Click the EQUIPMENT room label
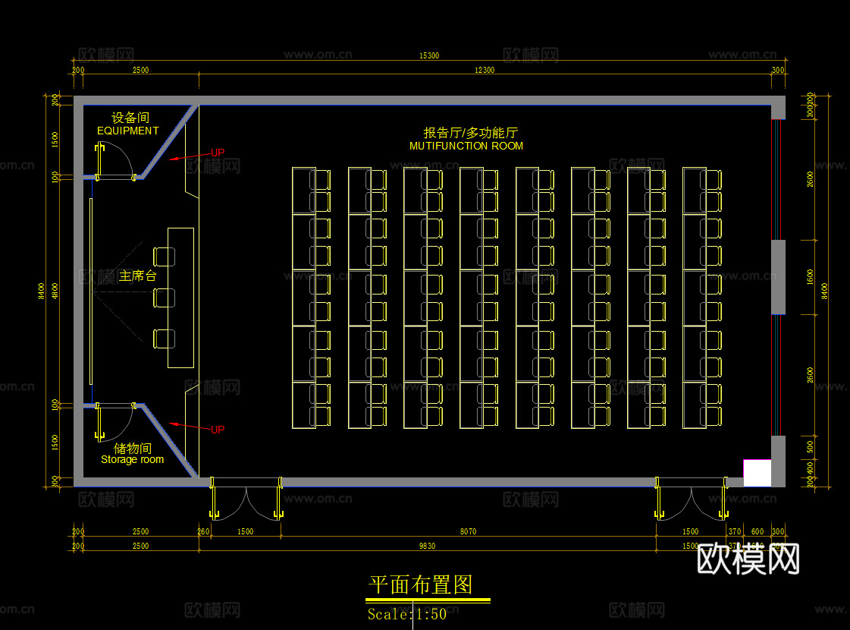point(127,131)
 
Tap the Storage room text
point(132,460)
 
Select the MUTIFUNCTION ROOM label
point(466,146)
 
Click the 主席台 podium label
point(137,276)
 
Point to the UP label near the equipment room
point(218,153)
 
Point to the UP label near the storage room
point(218,430)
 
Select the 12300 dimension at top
point(485,70)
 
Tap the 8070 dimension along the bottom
point(468,531)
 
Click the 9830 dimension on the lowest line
point(428,546)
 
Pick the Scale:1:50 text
point(407,614)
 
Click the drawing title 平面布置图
point(421,584)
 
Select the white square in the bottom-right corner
point(757,473)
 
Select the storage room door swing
point(115,421)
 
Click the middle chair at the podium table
point(164,298)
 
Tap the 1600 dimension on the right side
point(811,276)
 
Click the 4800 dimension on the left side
point(54,291)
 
